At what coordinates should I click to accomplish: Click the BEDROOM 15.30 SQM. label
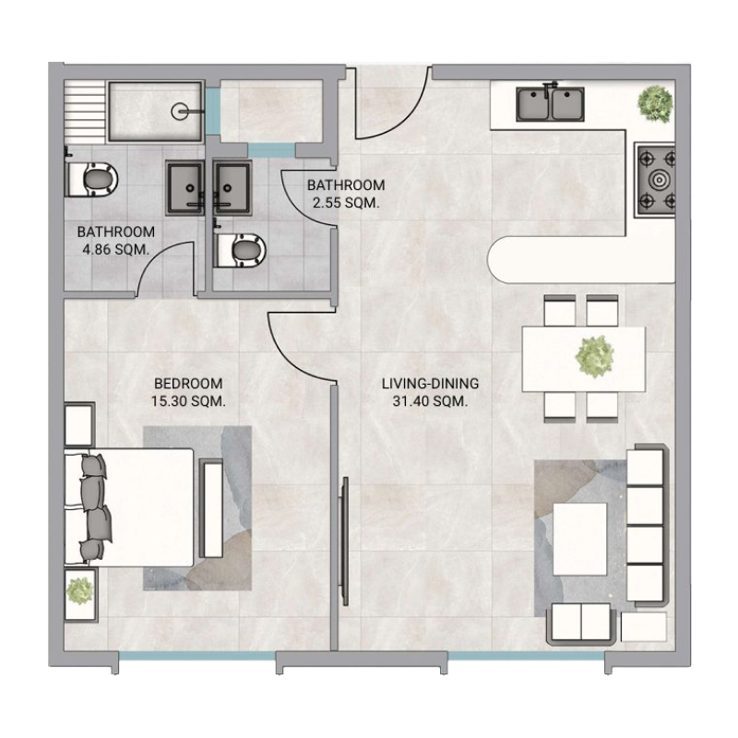pos(189,392)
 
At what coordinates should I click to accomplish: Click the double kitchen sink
pos(551,103)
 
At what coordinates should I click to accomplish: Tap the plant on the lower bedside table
pos(80,588)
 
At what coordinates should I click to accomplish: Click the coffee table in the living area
pos(579,536)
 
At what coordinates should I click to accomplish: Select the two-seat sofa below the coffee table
pos(581,625)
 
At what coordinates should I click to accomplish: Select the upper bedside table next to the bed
pos(78,423)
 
